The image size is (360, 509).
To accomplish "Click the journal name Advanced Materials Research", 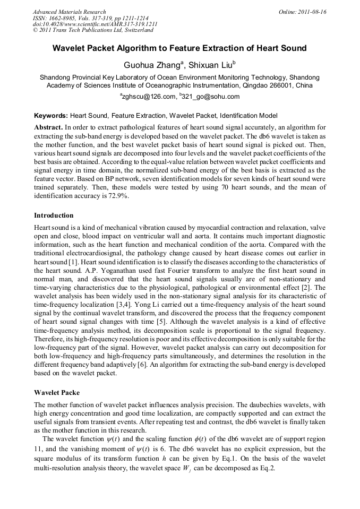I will coord(69,12).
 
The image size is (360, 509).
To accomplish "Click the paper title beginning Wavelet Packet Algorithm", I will coord(179,48).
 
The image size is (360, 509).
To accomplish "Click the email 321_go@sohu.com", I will coord(210,97).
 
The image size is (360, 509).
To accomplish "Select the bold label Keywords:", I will coord(51,115).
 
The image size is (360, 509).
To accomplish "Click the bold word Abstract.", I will coord(48,128).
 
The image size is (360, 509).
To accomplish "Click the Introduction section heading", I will coord(54,215).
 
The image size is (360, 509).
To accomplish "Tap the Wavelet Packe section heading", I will coord(57,393).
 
